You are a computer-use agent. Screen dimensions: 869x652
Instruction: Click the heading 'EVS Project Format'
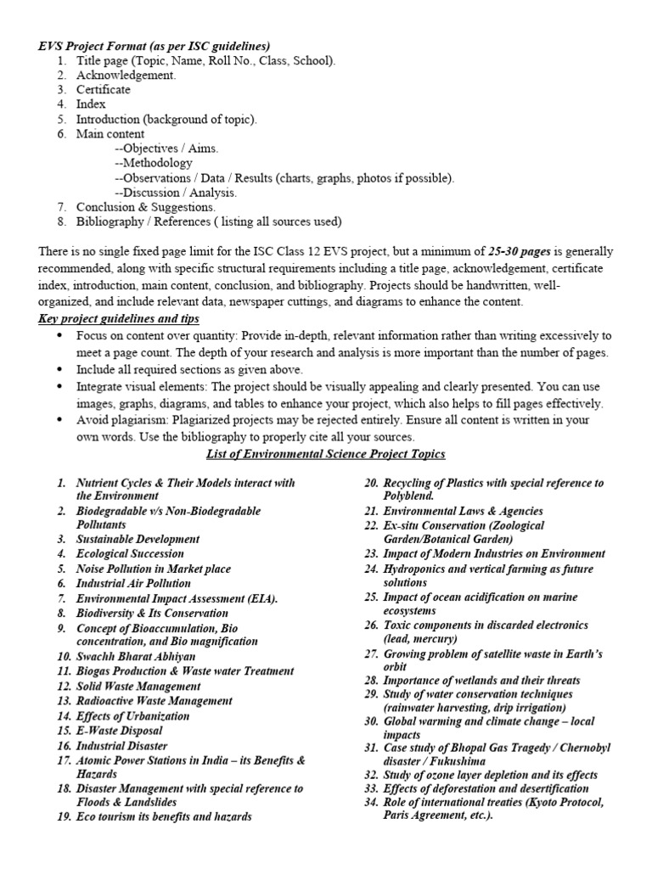(x=93, y=45)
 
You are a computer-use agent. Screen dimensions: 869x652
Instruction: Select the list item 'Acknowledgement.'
(x=126, y=75)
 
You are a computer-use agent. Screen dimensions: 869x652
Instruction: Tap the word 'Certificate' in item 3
(x=104, y=89)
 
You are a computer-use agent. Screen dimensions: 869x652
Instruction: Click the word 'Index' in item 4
(x=91, y=104)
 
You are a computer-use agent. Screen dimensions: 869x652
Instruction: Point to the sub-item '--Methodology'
(x=153, y=163)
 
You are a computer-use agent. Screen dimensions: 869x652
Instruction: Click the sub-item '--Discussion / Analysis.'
(x=175, y=193)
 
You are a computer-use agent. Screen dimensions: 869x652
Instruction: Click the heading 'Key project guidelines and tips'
(x=119, y=318)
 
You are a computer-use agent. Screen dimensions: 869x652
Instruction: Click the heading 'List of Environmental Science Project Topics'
(x=326, y=455)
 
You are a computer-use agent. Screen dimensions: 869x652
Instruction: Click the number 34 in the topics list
(x=370, y=803)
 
